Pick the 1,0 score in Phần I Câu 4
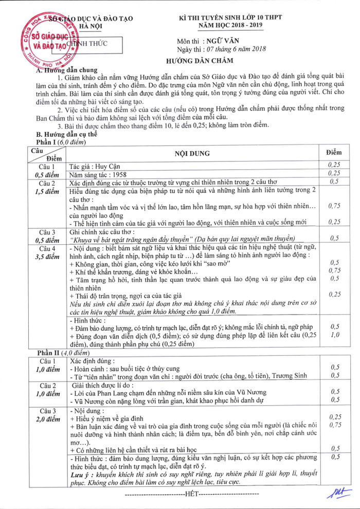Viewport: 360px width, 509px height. pyautogui.click(x=335, y=335)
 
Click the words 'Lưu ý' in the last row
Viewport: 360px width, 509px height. pyautogui.click(x=80, y=475)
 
